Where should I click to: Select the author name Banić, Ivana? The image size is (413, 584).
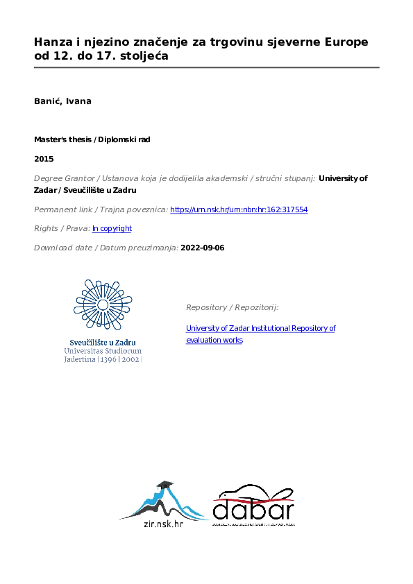click(x=62, y=101)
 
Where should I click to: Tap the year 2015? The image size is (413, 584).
click(x=44, y=159)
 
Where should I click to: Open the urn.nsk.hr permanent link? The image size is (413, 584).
click(x=239, y=209)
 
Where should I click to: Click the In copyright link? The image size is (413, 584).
click(x=112, y=228)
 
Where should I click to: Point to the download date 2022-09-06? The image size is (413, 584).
click(x=203, y=248)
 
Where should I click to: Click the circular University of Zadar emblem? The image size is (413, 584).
click(x=103, y=305)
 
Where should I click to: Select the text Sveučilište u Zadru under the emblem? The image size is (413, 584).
click(x=103, y=343)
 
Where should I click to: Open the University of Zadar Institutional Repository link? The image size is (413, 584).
click(x=260, y=328)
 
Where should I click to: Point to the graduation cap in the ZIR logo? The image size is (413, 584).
click(x=165, y=484)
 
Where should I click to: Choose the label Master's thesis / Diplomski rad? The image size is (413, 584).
click(x=92, y=139)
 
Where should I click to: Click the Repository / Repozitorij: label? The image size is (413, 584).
click(x=232, y=307)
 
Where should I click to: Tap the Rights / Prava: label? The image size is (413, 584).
click(x=62, y=228)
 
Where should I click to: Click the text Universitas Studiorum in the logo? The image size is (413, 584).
click(x=103, y=352)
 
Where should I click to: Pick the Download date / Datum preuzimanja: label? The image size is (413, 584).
click(x=106, y=248)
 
